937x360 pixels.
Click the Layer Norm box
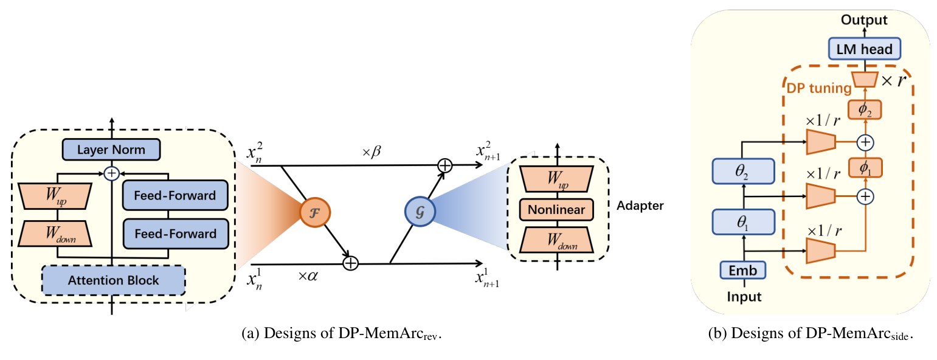tap(111, 149)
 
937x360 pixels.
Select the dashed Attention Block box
tap(113, 280)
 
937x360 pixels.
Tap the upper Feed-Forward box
tap(175, 196)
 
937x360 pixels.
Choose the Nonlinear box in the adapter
tap(556, 210)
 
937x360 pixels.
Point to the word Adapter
tap(640, 206)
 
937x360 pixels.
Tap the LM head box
tap(863, 48)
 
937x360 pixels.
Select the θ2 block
tap(742, 173)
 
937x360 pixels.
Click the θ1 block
tap(742, 223)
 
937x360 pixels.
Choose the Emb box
tap(742, 271)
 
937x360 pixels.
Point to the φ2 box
tap(865, 109)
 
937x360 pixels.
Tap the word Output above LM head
tap(863, 20)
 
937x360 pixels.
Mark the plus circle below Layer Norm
tap(111, 173)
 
